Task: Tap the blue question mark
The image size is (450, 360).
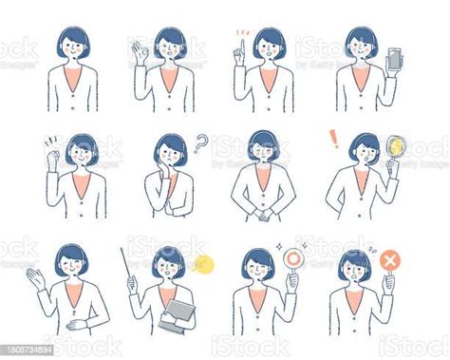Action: click(x=200, y=143)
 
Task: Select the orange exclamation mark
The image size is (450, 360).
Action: click(x=333, y=139)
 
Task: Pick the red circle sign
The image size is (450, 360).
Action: click(x=293, y=258)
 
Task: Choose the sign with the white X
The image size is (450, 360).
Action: click(x=387, y=260)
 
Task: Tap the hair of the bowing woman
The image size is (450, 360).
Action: click(x=263, y=140)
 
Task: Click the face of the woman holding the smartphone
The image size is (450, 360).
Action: click(x=361, y=45)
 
